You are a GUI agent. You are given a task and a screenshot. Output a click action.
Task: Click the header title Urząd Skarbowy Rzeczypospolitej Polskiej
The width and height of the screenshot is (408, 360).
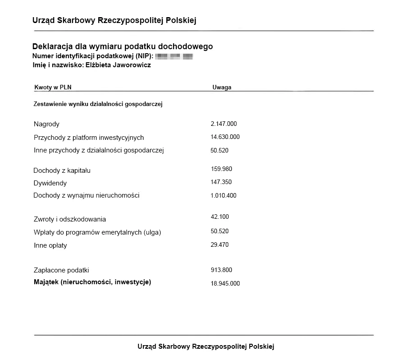(114, 20)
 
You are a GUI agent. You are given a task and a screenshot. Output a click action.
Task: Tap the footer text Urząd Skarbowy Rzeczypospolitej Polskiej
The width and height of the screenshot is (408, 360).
(206, 346)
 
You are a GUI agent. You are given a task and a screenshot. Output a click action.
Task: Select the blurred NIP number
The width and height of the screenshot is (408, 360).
(174, 56)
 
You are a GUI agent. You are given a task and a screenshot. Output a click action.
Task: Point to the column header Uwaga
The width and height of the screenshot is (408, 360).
(222, 88)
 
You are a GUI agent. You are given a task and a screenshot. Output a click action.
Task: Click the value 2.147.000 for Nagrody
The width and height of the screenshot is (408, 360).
(224, 124)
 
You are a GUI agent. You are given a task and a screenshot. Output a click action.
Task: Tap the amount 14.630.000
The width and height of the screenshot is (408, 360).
(225, 137)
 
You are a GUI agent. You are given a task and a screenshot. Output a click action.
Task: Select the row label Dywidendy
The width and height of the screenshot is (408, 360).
(50, 183)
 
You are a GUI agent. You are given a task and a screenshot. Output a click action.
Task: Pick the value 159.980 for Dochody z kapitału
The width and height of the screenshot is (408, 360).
(221, 169)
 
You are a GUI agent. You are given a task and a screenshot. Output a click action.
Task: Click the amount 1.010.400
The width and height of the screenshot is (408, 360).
(223, 195)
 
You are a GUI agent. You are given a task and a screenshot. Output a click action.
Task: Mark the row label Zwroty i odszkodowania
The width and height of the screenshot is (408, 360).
(70, 219)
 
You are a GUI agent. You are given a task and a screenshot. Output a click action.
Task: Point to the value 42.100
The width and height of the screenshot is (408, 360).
(220, 217)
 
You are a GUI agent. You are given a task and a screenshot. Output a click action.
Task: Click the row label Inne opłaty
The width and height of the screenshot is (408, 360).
(50, 245)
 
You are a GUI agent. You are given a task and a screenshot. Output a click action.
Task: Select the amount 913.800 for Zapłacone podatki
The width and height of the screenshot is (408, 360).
(221, 270)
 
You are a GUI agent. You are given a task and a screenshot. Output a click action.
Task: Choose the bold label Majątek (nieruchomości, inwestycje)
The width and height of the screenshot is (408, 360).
(92, 282)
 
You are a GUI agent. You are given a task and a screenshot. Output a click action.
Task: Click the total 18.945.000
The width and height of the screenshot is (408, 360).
(225, 283)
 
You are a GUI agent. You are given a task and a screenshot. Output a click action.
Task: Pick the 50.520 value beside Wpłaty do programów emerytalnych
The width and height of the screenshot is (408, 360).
(220, 231)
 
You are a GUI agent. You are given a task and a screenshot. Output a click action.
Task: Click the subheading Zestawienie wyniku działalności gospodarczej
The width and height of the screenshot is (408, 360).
(98, 104)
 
